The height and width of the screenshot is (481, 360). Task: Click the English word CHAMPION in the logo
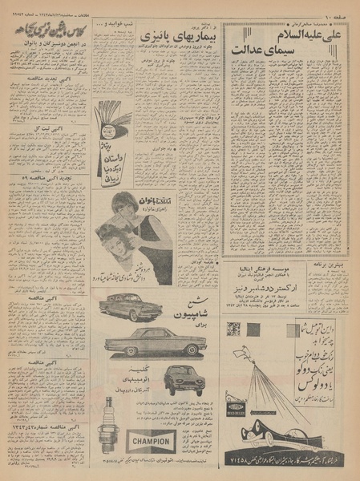151,441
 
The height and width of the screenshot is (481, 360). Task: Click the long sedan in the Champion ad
155,342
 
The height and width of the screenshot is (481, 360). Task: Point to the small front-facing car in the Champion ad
184,379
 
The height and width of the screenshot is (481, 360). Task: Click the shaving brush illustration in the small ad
112,120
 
